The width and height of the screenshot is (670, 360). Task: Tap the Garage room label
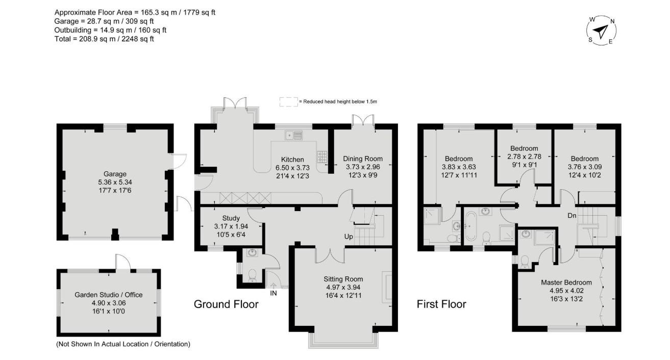115,174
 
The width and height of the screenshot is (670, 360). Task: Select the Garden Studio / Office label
109,295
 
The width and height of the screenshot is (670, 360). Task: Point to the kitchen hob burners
322,157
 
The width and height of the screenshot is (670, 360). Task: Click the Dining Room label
363,159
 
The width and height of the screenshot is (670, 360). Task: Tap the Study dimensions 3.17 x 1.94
231,226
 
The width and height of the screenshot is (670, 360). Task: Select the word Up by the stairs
349,237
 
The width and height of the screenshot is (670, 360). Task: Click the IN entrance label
274,293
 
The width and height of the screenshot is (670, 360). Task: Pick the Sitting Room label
343,279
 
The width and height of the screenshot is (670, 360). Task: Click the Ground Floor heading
226,304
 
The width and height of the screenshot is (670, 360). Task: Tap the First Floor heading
441,304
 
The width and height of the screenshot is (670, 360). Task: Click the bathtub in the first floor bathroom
471,226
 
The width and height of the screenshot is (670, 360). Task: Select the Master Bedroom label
566,282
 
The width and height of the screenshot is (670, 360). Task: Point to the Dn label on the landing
572,216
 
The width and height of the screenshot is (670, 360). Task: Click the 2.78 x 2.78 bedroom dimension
524,157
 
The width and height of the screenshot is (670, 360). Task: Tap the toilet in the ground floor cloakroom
253,275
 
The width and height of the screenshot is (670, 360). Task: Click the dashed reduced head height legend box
289,102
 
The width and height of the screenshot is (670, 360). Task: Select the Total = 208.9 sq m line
104,39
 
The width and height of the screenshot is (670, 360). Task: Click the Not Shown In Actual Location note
123,344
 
